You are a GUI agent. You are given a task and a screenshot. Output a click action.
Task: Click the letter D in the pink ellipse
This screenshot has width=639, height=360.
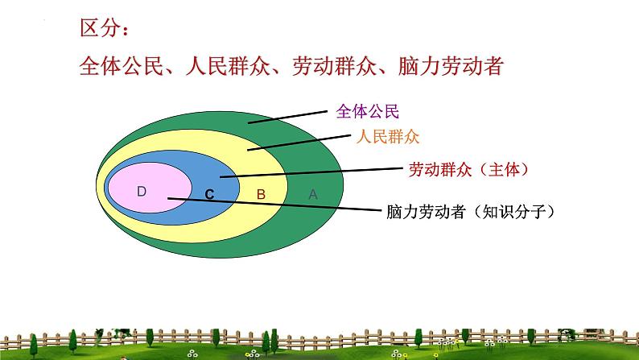[142, 191]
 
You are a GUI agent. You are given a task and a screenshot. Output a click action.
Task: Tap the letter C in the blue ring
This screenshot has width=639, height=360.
[209, 194]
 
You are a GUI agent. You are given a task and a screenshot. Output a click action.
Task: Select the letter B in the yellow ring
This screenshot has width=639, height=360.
[260, 194]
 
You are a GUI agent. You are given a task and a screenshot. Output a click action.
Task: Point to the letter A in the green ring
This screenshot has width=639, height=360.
[314, 194]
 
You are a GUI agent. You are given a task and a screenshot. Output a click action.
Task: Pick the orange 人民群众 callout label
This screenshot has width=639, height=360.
[388, 136]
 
